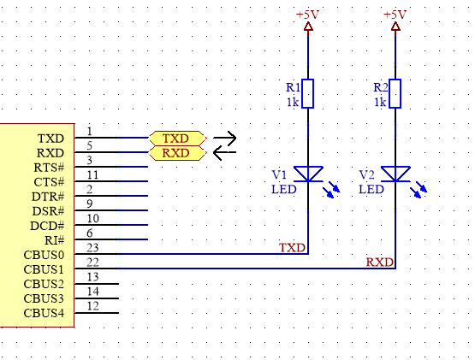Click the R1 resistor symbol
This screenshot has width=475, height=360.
click(308, 93)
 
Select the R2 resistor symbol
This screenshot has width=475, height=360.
click(395, 93)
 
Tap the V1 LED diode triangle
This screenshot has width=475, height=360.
click(308, 174)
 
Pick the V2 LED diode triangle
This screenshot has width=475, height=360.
click(395, 174)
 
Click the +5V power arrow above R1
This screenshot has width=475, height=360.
click(308, 27)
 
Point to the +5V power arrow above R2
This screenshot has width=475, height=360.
click(395, 27)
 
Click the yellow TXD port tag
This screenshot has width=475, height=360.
click(177, 139)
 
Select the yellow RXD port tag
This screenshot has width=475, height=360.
click(177, 153)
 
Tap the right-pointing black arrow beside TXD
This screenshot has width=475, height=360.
click(224, 138)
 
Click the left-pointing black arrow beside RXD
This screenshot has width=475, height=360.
click(224, 152)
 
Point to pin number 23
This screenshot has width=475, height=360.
click(92, 248)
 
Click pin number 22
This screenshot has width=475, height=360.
click(92, 263)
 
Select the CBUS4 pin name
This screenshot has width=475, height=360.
click(44, 313)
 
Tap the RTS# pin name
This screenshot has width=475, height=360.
click(49, 168)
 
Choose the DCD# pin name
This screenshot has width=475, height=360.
click(47, 226)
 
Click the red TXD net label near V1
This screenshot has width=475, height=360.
click(292, 248)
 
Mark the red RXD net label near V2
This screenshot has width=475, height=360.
click(380, 263)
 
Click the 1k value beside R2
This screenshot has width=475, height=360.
click(380, 103)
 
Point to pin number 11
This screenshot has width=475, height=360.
click(92, 175)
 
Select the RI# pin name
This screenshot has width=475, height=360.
click(55, 240)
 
